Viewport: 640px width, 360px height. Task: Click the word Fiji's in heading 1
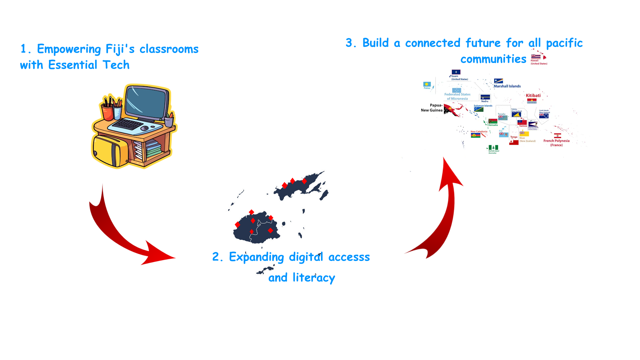pos(120,49)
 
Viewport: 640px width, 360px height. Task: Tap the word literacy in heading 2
pos(314,278)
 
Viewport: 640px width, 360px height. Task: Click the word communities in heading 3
pos(493,59)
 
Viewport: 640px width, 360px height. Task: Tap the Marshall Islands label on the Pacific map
pos(507,86)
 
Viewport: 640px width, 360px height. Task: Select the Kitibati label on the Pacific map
pos(533,96)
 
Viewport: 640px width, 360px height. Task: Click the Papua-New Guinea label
pos(432,108)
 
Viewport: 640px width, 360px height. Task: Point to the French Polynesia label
pos(556,143)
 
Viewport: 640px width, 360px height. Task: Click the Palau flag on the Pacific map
pos(427,84)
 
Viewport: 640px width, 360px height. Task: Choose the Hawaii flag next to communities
pos(535,57)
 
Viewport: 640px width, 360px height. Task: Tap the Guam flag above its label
pos(456,72)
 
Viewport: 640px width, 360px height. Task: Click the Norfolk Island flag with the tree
pos(493,147)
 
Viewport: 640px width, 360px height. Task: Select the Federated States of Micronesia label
pos(457,96)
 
